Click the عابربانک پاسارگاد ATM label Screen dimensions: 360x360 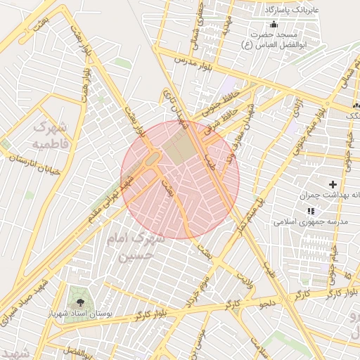[291, 11]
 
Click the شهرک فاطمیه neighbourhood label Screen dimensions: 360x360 [50, 135]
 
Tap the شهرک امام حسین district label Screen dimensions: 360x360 [134, 247]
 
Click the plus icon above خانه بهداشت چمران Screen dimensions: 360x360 [333, 184]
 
